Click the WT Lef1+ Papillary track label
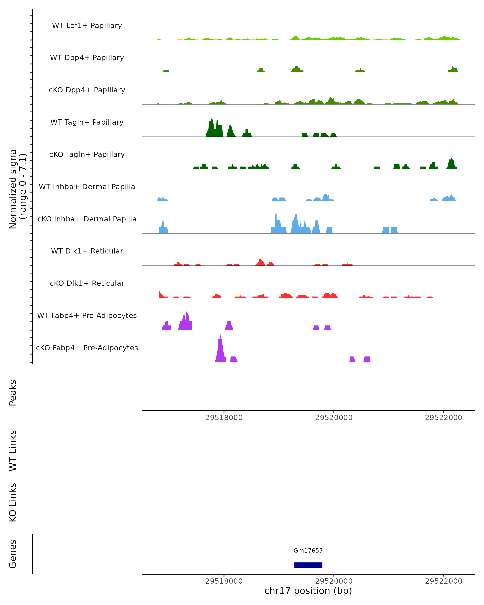tap(87, 26)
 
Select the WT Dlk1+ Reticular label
tap(87, 251)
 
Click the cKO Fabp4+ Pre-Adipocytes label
tap(87, 348)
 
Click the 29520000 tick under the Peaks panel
tap(334, 418)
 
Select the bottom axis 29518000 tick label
tap(224, 581)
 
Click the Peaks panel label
tap(13, 393)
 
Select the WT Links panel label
tap(13, 450)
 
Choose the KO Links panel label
tap(13, 502)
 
